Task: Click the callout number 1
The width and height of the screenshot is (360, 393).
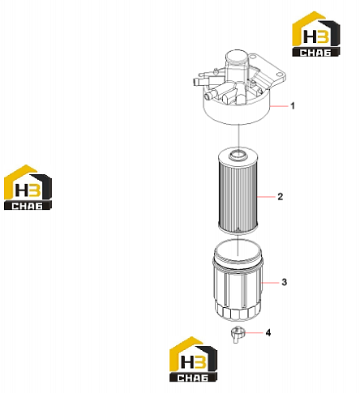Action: [293, 105]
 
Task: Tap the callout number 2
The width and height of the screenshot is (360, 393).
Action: [281, 196]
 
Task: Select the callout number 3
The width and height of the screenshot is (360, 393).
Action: [284, 282]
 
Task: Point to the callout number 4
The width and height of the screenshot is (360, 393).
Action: [268, 332]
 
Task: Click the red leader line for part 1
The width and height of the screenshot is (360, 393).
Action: [279, 106]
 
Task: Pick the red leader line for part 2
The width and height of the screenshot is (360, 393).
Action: [266, 197]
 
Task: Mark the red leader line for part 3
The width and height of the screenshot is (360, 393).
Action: [270, 283]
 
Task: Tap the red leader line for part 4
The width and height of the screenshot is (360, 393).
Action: [253, 333]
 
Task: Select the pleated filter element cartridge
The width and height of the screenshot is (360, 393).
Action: [238, 190]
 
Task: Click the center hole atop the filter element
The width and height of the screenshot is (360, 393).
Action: [238, 155]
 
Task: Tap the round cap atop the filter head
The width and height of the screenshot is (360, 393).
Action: [237, 57]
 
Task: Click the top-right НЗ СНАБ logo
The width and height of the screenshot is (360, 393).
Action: [315, 34]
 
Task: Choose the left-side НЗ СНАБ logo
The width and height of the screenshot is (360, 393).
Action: [28, 187]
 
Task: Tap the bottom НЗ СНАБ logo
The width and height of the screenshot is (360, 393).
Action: [193, 359]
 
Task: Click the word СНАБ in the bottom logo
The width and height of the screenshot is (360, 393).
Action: [193, 378]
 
